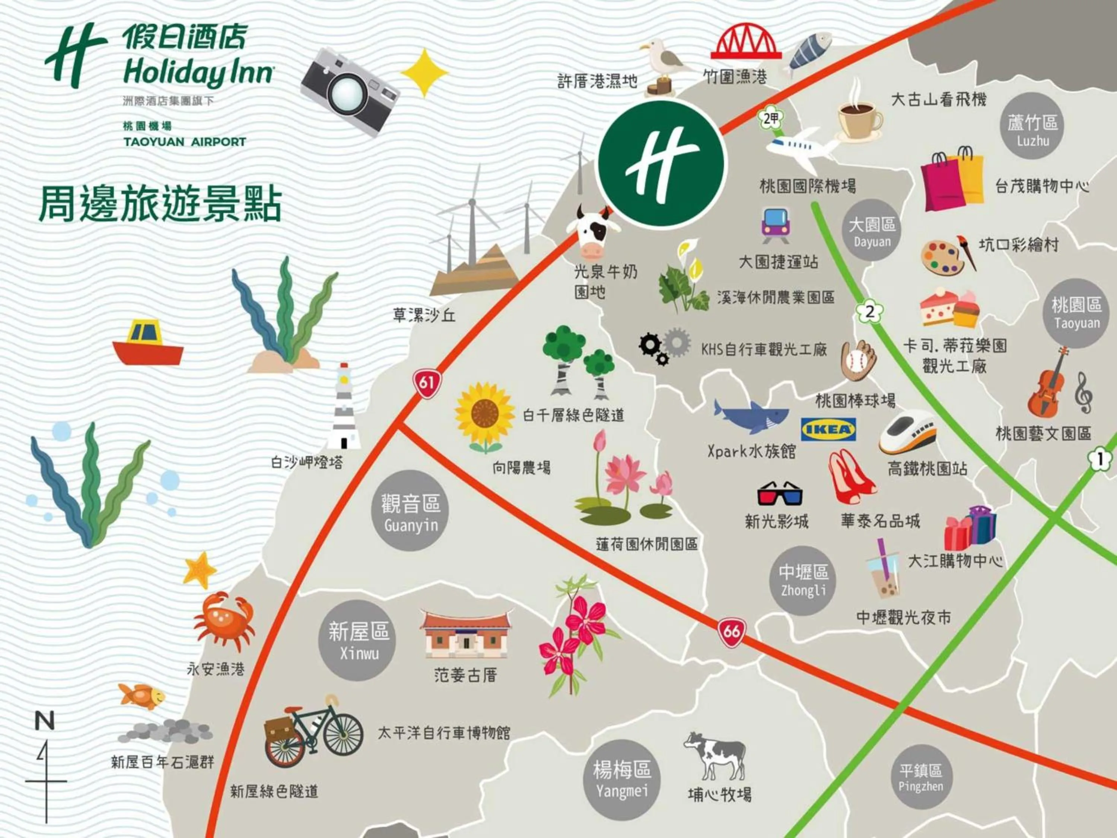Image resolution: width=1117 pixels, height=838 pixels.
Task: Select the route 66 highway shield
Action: click(732, 632)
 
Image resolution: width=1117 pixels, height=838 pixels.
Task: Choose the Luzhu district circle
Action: click(1033, 126)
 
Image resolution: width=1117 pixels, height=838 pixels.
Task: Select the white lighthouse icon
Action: click(343, 407)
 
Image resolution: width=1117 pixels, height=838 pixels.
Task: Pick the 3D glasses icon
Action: click(779, 493)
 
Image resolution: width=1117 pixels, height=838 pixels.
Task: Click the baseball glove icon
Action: click(859, 360)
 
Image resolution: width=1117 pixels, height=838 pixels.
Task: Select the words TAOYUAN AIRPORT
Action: click(185, 142)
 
